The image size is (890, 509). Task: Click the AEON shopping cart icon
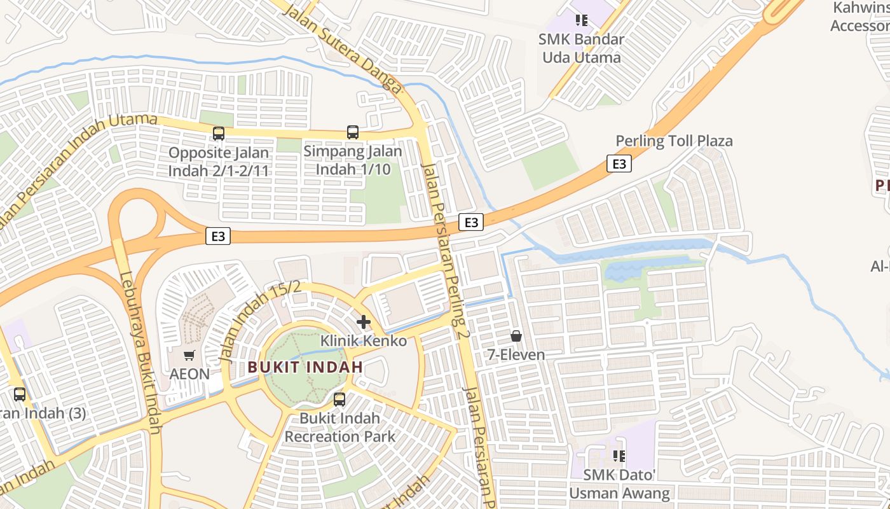[x=189, y=356]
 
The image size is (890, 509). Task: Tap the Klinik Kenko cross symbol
[x=364, y=322]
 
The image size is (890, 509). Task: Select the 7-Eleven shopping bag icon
[x=516, y=335]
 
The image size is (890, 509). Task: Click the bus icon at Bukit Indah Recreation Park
[x=339, y=400]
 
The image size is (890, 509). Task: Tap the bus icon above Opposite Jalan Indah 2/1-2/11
[x=219, y=134]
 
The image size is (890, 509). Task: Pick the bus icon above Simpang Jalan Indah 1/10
[x=353, y=132]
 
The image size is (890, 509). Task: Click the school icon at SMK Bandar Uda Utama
[x=581, y=20]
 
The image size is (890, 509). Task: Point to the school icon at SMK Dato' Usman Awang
[x=619, y=456]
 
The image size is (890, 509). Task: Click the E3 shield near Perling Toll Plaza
[x=619, y=164]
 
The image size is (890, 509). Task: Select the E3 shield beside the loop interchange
[x=218, y=237]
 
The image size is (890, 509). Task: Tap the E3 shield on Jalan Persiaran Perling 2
[x=471, y=222]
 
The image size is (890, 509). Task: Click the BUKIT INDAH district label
[x=305, y=367]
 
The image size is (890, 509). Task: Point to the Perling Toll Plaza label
[x=674, y=141]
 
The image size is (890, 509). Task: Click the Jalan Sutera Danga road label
[x=343, y=48]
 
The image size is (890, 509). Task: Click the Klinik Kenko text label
[x=363, y=341]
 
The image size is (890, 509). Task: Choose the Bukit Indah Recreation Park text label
[x=339, y=428]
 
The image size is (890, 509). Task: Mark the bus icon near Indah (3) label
[x=20, y=394]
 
